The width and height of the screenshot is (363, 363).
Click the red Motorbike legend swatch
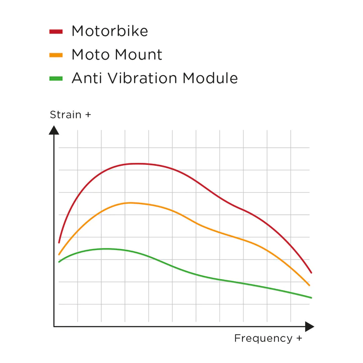(56, 31)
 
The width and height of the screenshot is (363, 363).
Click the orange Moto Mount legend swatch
(56, 55)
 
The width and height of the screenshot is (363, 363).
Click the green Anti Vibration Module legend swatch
(56, 79)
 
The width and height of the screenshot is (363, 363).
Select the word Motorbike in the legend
(109, 31)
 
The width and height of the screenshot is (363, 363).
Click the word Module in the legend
(210, 78)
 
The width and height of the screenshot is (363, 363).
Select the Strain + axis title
(70, 115)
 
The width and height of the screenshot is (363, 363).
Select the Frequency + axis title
(268, 338)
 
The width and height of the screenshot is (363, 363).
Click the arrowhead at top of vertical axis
(54, 130)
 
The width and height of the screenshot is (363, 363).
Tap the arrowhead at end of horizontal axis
(309, 327)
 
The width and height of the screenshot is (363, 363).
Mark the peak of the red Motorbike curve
(137, 163)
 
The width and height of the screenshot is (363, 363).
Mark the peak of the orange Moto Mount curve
(130, 203)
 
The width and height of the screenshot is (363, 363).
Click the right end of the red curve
(311, 272)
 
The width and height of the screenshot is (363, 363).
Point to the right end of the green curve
(311, 297)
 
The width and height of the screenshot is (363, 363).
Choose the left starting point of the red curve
(59, 242)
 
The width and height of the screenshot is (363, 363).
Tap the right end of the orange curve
(309, 285)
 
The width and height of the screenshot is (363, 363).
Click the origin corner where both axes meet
(54, 327)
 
